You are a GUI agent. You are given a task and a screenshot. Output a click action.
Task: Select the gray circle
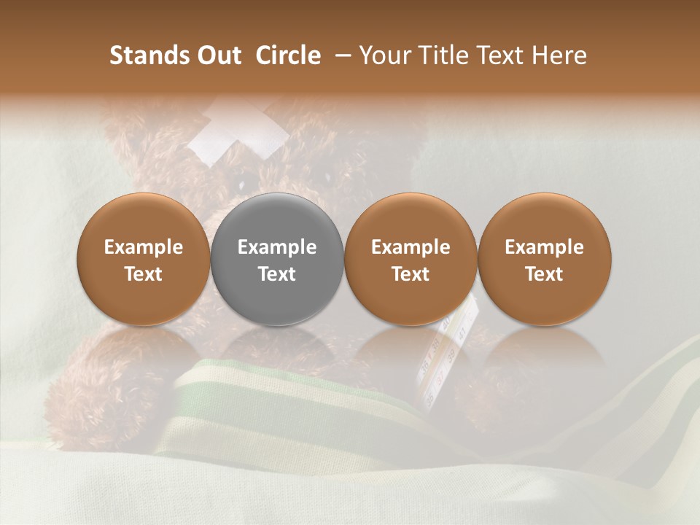[277, 259]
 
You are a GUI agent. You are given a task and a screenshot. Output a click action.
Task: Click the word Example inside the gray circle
[277, 247]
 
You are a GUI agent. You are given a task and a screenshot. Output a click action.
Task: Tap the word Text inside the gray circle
[277, 273]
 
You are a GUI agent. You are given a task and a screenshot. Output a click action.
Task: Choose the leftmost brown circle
[144, 259]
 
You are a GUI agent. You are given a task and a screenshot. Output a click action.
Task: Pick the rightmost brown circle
[545, 259]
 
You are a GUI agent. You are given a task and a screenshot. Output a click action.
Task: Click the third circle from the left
[411, 259]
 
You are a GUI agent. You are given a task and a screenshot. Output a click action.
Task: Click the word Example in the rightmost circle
[545, 247]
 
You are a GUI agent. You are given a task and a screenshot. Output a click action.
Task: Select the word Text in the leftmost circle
[144, 273]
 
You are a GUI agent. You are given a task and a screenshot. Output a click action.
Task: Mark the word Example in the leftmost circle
[144, 247]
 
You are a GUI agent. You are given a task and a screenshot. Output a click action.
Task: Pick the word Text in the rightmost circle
[545, 273]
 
